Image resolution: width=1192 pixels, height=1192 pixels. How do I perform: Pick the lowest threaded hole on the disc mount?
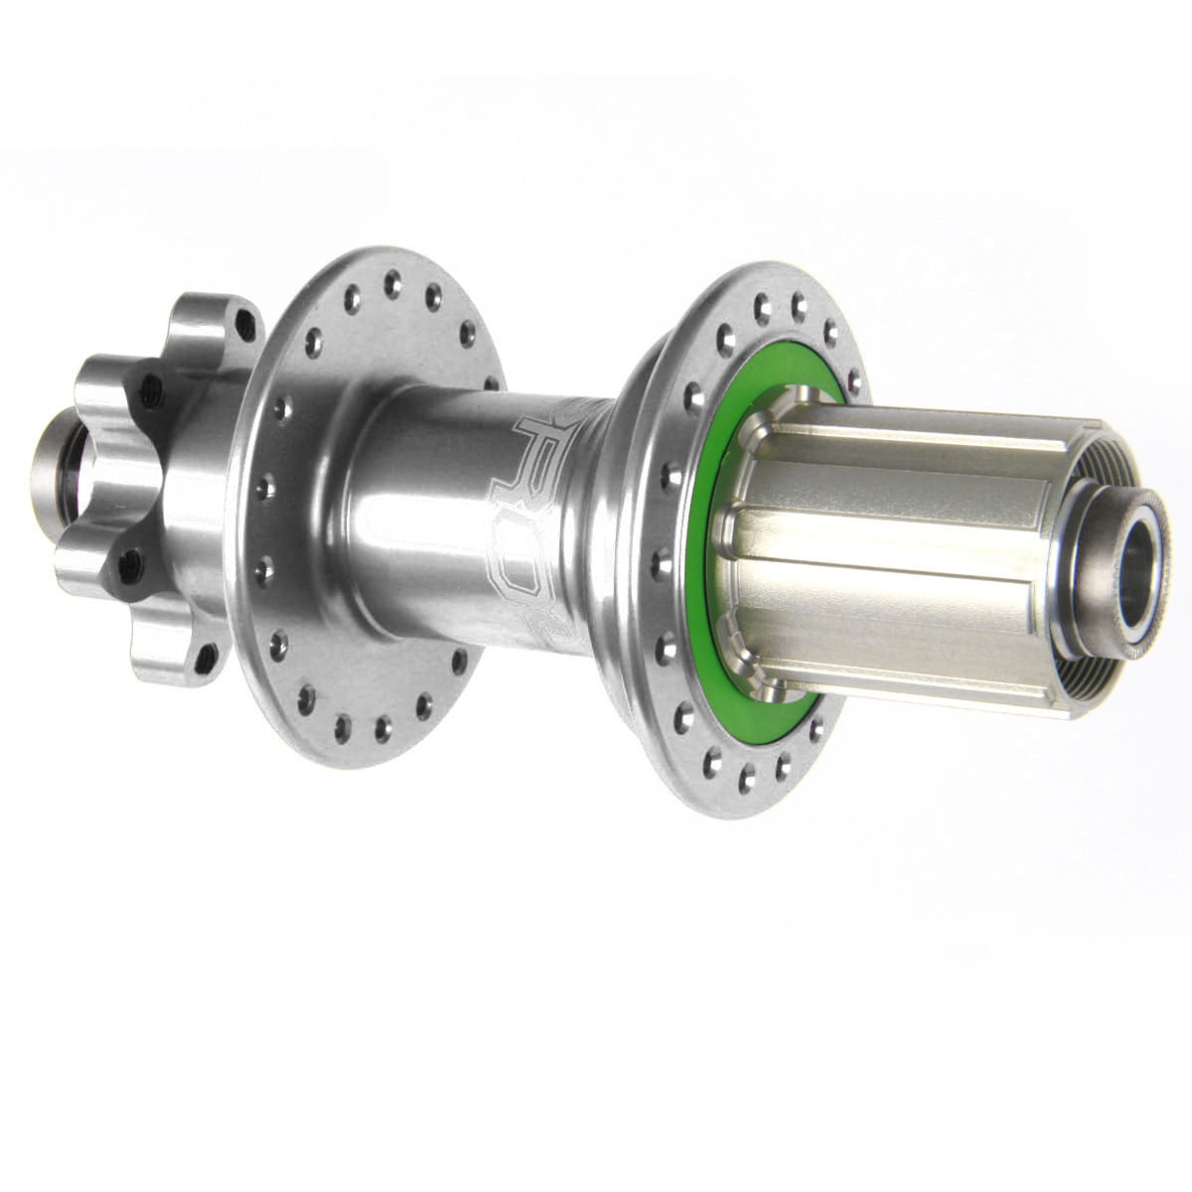coord(206,653)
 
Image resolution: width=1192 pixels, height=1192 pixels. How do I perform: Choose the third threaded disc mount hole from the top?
coord(126,568)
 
